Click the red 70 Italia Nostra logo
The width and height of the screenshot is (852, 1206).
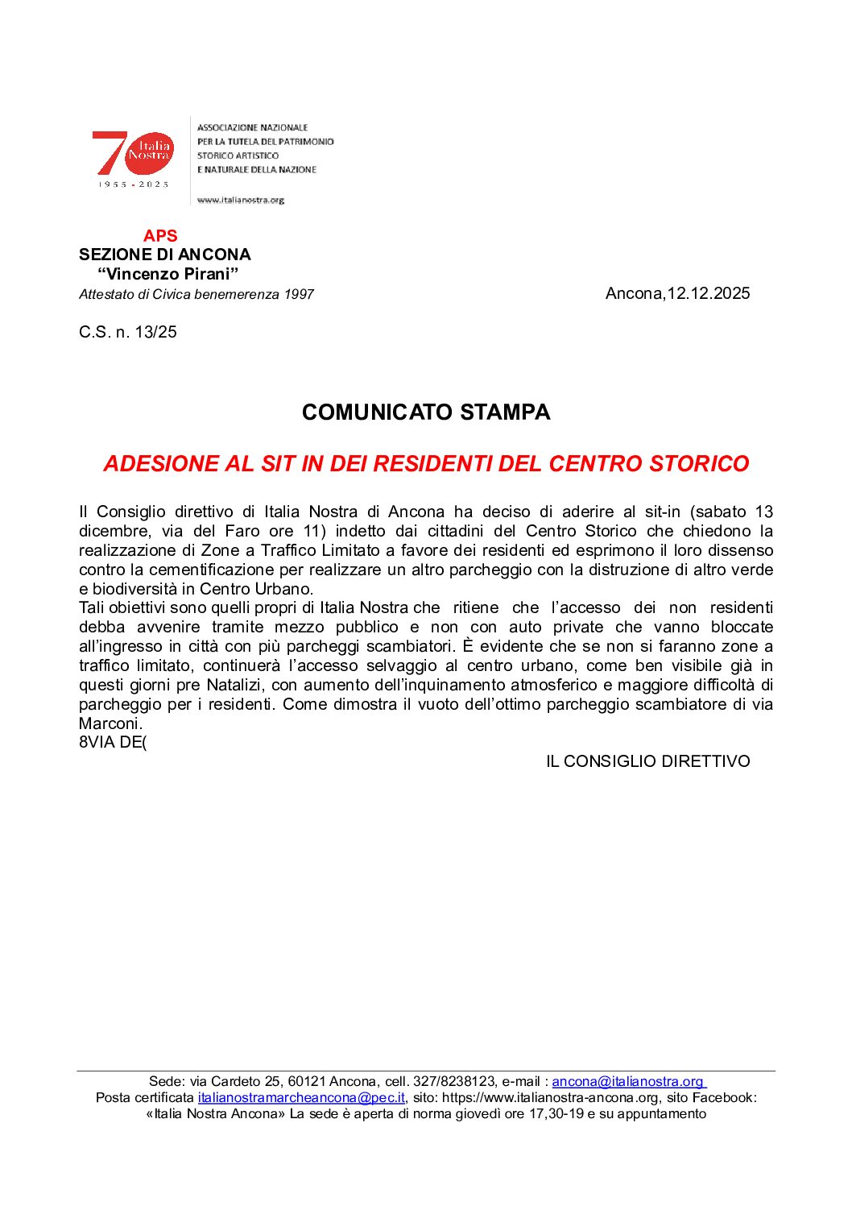(133, 155)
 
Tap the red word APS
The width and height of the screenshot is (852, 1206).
(160, 236)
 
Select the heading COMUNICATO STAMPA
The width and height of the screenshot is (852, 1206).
(426, 412)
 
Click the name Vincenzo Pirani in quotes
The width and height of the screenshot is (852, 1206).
(168, 274)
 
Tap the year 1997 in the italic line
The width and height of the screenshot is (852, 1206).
(298, 295)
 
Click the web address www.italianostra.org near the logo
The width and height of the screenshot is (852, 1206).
(241, 200)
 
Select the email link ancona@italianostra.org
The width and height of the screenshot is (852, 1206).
(627, 1082)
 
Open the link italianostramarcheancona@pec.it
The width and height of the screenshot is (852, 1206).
(301, 1098)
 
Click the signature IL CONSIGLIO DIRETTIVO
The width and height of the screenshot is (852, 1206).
(647, 761)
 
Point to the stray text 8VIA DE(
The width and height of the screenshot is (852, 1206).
(113, 743)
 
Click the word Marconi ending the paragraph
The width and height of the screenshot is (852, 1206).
(110, 723)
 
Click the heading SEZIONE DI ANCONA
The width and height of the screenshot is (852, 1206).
(164, 255)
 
